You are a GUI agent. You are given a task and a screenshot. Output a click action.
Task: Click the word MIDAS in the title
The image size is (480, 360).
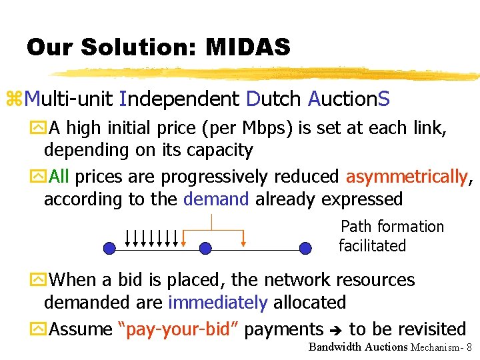pos(248,47)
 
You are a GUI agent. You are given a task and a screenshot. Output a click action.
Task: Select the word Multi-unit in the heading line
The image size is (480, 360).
pos(69,100)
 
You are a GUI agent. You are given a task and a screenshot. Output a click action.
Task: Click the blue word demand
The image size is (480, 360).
pos(216,199)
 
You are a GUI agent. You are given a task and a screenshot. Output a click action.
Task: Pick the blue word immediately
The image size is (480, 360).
pos(217,303)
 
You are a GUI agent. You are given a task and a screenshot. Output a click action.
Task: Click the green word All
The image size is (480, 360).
pos(59,177)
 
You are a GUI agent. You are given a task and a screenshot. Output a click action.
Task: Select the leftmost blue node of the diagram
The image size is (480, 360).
pos(109,249)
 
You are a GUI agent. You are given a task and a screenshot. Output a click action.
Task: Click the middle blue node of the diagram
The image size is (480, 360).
pos(205,249)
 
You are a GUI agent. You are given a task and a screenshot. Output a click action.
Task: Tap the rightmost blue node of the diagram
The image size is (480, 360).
pos(305,249)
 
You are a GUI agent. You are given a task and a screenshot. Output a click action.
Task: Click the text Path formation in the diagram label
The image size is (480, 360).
pos(392,227)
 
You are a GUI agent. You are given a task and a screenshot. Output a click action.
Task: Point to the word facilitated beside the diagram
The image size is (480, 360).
pos(372,246)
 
